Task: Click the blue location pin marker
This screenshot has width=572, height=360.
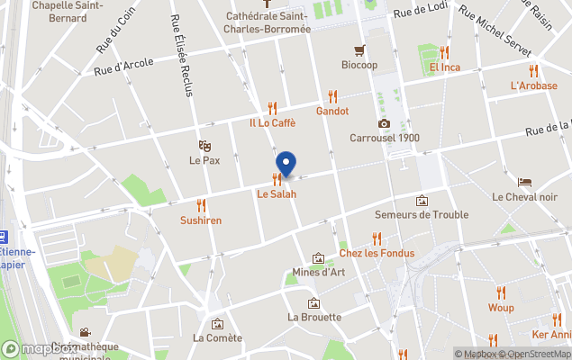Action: coord(286,164)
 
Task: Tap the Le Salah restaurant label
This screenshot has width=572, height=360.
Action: coord(277,193)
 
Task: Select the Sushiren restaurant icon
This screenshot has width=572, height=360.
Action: coord(201,205)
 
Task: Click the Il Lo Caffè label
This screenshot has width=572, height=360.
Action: coord(272,122)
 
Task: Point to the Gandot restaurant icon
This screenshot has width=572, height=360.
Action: coord(332,96)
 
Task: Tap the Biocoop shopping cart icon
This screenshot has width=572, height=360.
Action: coord(359,50)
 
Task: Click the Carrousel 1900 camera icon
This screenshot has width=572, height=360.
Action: coord(385,123)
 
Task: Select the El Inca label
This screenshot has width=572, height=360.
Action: coord(445,67)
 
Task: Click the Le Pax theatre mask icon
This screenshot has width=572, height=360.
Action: coord(204,145)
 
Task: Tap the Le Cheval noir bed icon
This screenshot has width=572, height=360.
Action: coord(525,182)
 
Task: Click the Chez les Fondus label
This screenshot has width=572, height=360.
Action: coord(377,253)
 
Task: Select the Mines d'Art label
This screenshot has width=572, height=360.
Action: coord(319,273)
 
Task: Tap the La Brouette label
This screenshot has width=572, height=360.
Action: coord(314,317)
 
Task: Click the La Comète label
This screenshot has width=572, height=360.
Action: coord(217,337)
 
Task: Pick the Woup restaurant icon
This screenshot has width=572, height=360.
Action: coord(502,292)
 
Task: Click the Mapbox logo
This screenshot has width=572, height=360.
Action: coord(40,348)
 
